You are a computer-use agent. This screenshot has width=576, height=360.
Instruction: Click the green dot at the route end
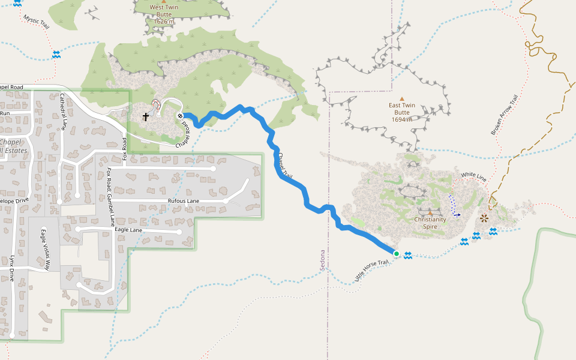coord(397,254)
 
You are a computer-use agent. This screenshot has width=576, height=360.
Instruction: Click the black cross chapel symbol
coord(146,116)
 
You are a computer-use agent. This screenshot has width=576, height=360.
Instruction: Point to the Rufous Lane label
coord(184,200)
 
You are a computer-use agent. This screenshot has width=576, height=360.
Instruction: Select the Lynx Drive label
coord(11,268)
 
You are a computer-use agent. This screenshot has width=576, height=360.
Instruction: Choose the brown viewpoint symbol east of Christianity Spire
coord(484,218)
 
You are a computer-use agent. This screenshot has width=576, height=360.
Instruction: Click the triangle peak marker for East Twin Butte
coord(402,99)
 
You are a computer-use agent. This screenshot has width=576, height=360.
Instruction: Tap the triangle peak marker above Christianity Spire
coord(430,212)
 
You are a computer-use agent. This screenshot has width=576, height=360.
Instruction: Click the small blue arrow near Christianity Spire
coord(457,214)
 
